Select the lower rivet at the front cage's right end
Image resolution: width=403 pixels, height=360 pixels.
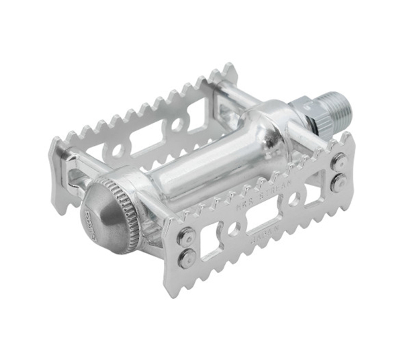[x=340, y=181]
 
